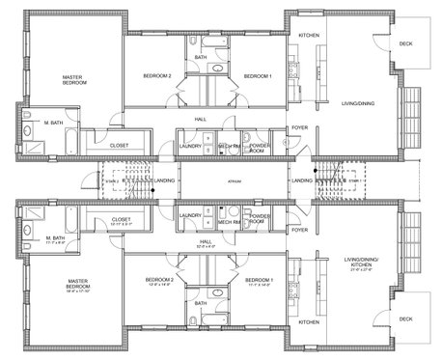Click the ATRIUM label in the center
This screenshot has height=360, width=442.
point(234,180)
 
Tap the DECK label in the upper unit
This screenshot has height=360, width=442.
point(404,42)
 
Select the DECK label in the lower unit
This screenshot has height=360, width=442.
point(404,318)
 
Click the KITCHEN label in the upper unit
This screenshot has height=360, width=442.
point(309,36)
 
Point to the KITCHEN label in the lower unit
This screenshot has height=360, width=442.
point(309,321)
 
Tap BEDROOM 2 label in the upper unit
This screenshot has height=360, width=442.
point(157,76)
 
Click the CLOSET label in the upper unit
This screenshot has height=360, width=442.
point(121,146)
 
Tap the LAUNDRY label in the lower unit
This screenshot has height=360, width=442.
point(189,215)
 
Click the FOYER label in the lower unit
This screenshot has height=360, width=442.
point(299,230)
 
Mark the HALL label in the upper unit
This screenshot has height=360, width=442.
point(201,120)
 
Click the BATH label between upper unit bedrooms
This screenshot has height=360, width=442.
point(201,57)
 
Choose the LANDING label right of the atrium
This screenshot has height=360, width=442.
point(302,180)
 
